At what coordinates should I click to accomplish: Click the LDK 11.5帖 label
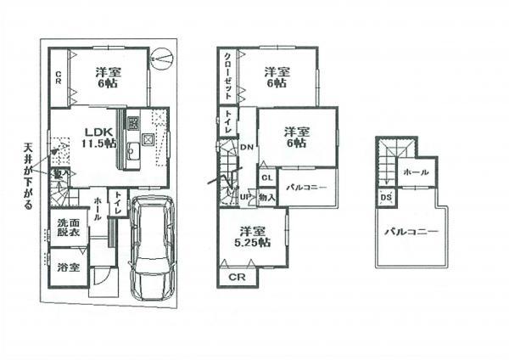coord(98,138)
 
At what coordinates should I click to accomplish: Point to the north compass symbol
coord(164,59)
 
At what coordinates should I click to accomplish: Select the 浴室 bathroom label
coord(68,267)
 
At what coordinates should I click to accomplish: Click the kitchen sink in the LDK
coord(131,153)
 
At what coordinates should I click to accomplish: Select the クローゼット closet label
coord(228,74)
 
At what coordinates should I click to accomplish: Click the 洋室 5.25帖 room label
coord(252,236)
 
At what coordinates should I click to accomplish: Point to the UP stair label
coord(247,197)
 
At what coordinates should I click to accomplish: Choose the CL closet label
coord(266,177)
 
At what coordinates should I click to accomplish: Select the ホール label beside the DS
coord(416,172)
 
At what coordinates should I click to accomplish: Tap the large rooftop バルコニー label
coord(409,231)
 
